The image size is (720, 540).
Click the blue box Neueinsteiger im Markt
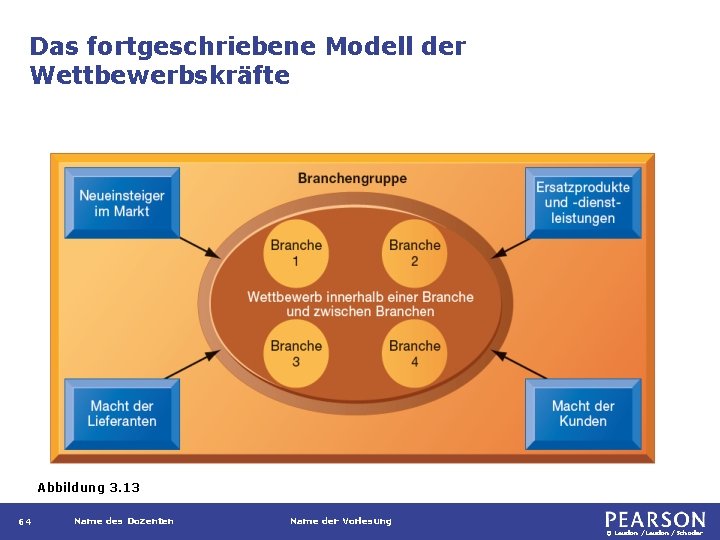(121, 203)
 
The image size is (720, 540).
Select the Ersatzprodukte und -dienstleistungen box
(582, 203)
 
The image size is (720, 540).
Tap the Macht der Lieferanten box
(121, 413)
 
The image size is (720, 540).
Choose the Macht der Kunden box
(582, 413)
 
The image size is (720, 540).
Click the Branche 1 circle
(296, 253)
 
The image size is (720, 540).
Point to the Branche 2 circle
(414, 253)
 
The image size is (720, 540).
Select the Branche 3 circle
(296, 353)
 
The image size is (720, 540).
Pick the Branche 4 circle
(414, 353)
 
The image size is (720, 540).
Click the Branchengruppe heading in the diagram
(352, 179)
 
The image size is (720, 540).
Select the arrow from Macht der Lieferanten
(195, 364)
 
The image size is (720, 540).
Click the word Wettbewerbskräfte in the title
(160, 75)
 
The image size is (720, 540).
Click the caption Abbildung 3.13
(88, 488)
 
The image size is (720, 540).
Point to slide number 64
(25, 522)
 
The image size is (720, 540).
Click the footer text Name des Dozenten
(123, 521)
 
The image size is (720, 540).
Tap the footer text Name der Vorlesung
(340, 521)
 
